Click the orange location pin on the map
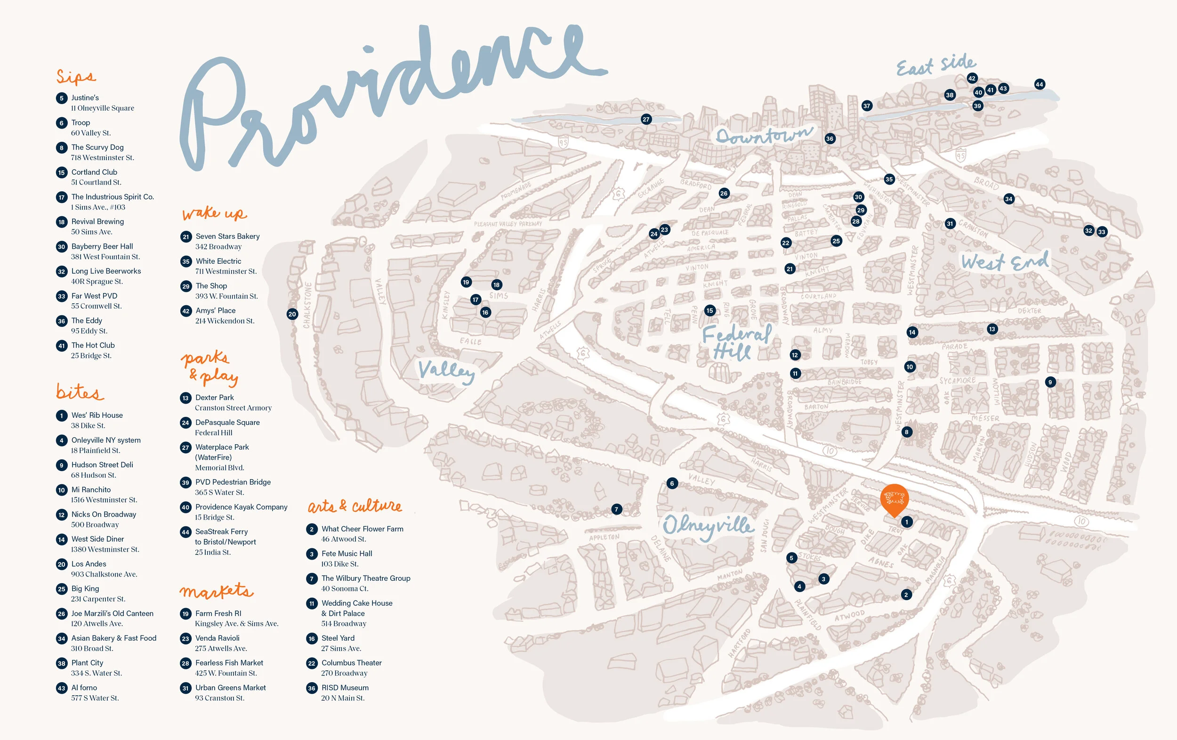point(894,499)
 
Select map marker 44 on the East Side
point(1039,84)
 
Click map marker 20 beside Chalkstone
point(292,314)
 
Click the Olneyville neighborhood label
point(708,526)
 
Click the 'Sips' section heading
point(76,77)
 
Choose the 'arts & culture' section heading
point(355,506)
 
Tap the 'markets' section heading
point(216,591)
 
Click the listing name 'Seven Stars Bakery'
point(227,236)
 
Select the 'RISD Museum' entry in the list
point(345,688)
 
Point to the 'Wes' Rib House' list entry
point(97,415)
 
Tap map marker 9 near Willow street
point(1050,382)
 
